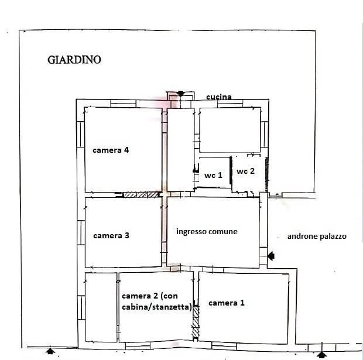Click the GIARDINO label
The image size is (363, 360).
pos(74,60)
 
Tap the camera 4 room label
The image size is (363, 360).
pos(111,150)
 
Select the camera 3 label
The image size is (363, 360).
pos(111,235)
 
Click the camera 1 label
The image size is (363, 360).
pos(227,303)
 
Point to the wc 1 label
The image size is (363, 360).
pos(213,175)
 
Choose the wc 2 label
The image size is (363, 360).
pos(245,171)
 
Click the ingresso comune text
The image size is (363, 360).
pos(207,231)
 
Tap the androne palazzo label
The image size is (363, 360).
pos(317,236)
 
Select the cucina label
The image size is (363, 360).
pos(219,97)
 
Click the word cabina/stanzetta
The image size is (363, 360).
pos(157,307)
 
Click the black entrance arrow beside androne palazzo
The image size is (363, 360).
pos(271,256)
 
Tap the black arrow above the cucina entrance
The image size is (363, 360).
pos(180,94)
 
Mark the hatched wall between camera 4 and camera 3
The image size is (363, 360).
pos(141,195)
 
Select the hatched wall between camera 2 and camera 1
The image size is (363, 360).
pos(196,322)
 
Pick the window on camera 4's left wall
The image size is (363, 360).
pos(81,134)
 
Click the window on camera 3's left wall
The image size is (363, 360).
pos(81,232)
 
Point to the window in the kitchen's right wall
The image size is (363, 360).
pos(265,135)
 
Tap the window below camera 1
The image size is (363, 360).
pos(224,347)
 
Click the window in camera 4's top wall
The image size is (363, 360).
pos(123,104)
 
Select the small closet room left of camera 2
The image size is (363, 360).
pos(101,307)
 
